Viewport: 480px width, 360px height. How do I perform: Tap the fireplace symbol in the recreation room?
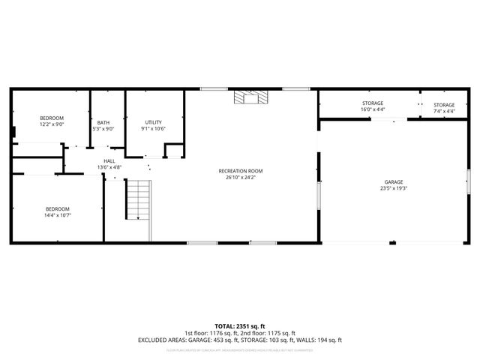click(249, 97)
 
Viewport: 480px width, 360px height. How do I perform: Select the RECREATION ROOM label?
click(240, 171)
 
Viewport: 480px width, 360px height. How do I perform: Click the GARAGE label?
click(394, 182)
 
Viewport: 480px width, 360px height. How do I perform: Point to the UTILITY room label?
click(153, 122)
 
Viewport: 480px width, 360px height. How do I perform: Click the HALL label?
click(109, 160)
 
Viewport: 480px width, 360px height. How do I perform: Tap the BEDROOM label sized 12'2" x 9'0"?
click(52, 118)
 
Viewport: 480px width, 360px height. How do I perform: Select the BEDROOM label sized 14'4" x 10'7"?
click(57, 208)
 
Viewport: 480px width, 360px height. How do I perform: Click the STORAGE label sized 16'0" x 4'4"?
click(372, 103)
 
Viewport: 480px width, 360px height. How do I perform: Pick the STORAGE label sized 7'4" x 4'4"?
click(444, 104)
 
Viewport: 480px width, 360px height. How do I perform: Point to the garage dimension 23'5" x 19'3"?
click(394, 189)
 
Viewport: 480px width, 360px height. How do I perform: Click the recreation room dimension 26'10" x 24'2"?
click(240, 178)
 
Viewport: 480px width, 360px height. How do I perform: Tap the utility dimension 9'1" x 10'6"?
click(153, 129)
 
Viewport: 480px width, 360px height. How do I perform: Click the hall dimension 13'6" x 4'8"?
click(109, 167)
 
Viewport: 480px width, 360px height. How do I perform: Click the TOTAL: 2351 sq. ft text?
click(240, 326)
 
